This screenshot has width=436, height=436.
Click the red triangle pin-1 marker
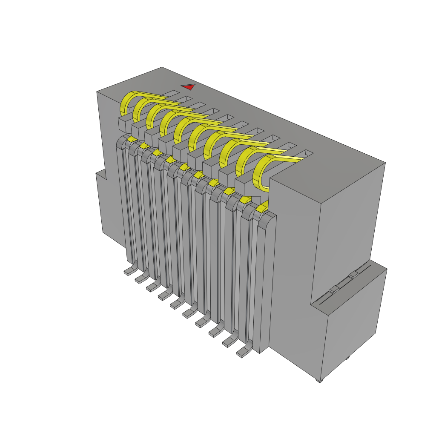point(188,87)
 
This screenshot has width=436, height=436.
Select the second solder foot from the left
point(141,279)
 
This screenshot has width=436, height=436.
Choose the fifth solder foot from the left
point(176,304)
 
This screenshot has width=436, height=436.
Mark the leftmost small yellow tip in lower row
point(132,139)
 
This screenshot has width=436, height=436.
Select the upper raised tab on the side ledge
point(353,276)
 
